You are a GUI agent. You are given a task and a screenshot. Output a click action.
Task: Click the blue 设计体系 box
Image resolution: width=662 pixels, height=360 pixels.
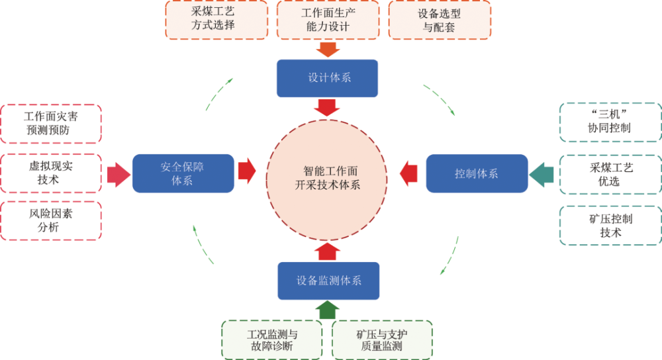pos(327,78)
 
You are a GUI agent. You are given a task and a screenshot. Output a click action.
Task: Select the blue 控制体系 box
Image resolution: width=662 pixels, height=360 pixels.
pos(477,173)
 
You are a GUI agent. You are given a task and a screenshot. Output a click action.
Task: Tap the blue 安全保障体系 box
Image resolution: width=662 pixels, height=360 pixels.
pos(183,173)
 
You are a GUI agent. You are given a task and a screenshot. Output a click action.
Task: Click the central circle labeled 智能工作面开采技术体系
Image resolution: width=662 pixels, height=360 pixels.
pos(328,175)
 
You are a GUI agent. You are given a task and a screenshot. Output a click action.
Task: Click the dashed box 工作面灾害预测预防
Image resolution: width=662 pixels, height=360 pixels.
pos(51,123)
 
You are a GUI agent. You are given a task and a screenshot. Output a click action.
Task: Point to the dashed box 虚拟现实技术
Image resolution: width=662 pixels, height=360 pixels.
pos(51,173)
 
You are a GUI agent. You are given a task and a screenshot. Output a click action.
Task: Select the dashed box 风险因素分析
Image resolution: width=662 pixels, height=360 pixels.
pos(51,220)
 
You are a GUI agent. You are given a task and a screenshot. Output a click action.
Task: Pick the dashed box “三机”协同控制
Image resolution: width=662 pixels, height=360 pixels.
pos(610,122)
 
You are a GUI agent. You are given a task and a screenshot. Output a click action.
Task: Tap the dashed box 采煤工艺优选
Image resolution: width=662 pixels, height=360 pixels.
pos(610,174)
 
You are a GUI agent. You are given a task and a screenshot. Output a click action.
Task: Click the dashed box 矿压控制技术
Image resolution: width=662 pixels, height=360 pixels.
pos(610,225)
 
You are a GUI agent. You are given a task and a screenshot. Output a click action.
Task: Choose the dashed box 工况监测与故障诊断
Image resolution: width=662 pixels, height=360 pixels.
pos(271,339)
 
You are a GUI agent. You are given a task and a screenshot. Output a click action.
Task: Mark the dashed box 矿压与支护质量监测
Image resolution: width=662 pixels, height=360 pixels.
pos(383,339)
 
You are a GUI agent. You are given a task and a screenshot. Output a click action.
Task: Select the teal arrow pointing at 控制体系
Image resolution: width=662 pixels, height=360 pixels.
pos(542,174)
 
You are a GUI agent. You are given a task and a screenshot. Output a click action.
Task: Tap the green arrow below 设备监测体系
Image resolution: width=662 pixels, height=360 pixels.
pos(328,309)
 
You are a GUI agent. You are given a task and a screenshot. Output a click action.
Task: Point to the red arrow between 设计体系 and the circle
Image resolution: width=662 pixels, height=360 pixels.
pos(328,107)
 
